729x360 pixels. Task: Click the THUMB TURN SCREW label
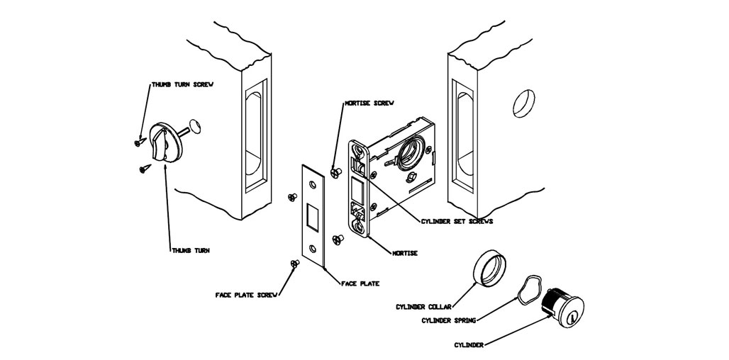pos(182,84)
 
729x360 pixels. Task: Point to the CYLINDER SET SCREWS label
pos(457,221)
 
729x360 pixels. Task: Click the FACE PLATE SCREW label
pos(245,294)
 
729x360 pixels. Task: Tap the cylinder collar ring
pos(491,268)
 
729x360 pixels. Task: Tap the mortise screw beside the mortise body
pos(336,170)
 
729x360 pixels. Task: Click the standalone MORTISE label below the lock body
pos(405,253)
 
